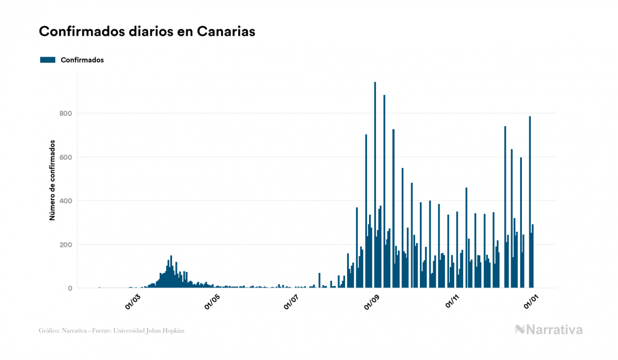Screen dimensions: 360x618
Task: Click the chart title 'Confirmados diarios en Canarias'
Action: tap(147, 32)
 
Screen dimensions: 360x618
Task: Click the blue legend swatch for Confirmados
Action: tap(48, 60)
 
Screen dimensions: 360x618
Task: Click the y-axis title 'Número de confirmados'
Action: tap(52, 180)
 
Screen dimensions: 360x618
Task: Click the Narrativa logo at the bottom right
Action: tap(549, 330)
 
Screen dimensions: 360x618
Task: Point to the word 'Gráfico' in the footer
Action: tap(50, 331)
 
